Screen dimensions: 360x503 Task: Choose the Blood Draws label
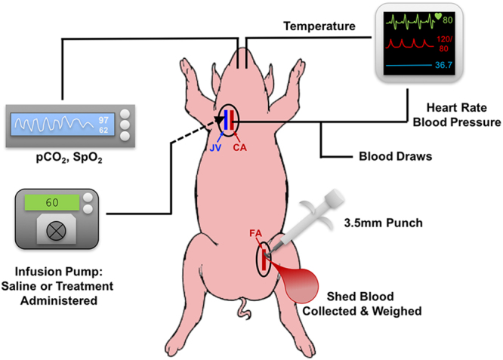coord(393,158)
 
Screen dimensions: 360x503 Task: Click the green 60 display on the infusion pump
coord(53,203)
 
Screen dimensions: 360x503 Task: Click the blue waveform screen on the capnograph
coord(57,122)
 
